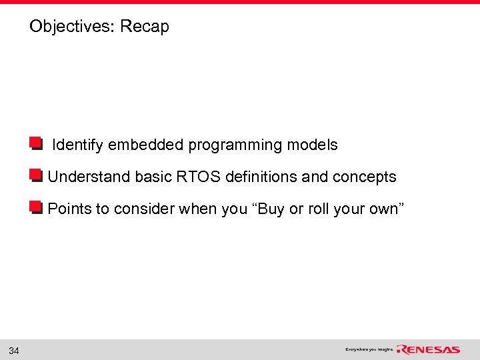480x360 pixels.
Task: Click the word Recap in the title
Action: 145,27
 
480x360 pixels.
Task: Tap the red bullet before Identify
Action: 35,144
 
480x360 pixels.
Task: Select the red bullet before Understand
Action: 35,176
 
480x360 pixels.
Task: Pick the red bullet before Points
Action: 35,208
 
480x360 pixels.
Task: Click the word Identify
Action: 78,145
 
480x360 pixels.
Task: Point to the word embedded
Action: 146,145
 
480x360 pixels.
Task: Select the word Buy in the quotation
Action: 271,209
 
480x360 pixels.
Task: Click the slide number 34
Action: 14,350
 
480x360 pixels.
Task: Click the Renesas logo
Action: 429,349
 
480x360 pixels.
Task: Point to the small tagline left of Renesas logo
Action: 369,349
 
